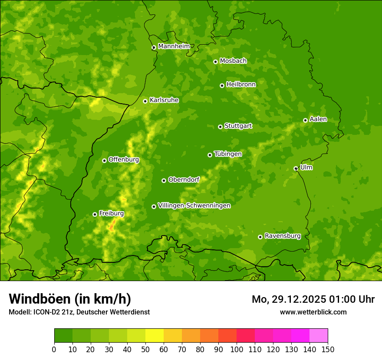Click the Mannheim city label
(x=174, y=46)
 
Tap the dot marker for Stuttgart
(x=220, y=127)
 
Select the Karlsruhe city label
(x=164, y=100)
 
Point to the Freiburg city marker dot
(x=95, y=214)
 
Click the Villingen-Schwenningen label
(x=194, y=205)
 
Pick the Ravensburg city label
(x=283, y=236)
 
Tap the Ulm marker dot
(x=296, y=168)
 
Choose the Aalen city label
(x=318, y=119)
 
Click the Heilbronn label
(x=241, y=84)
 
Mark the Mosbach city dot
(x=215, y=62)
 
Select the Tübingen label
(x=228, y=154)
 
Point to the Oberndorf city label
(x=184, y=179)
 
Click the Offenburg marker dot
(x=104, y=160)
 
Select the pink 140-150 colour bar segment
(x=319, y=336)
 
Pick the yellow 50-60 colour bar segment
(x=155, y=336)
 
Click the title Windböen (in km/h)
(x=69, y=299)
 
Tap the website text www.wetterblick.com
(x=313, y=312)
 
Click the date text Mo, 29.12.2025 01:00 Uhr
(x=313, y=299)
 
